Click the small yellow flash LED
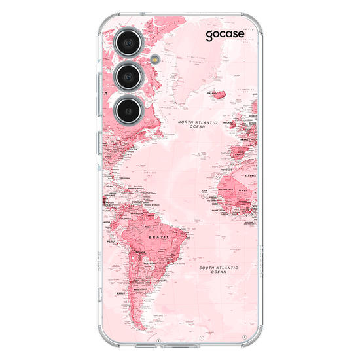coord(153,58)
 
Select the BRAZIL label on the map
coord(159,238)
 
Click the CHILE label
coord(120,293)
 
